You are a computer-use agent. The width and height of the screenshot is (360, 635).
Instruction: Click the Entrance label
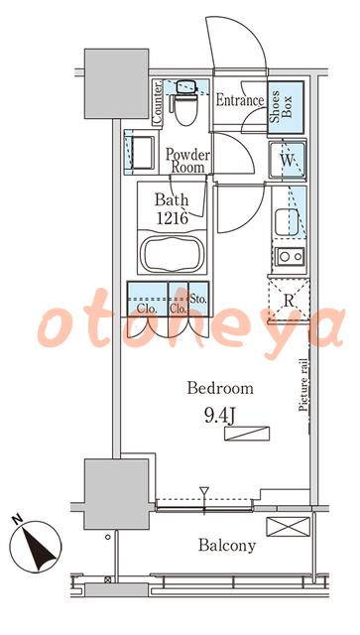pyautogui.click(x=240, y=100)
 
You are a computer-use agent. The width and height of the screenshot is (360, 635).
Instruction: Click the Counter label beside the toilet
pyautogui.click(x=157, y=102)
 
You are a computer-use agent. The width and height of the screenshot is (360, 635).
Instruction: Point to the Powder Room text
pyautogui.click(x=187, y=161)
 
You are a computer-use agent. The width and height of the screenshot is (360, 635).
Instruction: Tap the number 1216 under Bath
pyautogui.click(x=173, y=218)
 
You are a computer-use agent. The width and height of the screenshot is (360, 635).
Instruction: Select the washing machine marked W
pyautogui.click(x=288, y=161)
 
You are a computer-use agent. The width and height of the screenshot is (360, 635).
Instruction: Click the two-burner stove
pyautogui.click(x=290, y=256)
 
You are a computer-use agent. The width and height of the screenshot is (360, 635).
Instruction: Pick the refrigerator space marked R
pyautogui.click(x=289, y=301)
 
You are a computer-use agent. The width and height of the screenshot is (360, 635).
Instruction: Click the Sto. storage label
pyautogui.click(x=198, y=300)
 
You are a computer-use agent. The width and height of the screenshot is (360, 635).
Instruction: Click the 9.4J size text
pyautogui.click(x=219, y=417)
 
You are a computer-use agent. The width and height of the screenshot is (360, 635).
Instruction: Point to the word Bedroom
pyautogui.click(x=220, y=388)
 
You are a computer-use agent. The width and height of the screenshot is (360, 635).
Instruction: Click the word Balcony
pyautogui.click(x=227, y=546)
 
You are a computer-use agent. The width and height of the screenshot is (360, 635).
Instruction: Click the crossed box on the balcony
pyautogui.click(x=288, y=527)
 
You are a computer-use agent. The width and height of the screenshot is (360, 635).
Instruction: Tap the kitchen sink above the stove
pyautogui.click(x=287, y=223)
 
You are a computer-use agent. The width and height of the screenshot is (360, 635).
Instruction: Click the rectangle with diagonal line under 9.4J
pyautogui.click(x=247, y=433)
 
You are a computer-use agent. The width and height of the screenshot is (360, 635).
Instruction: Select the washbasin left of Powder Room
pyautogui.click(x=140, y=152)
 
